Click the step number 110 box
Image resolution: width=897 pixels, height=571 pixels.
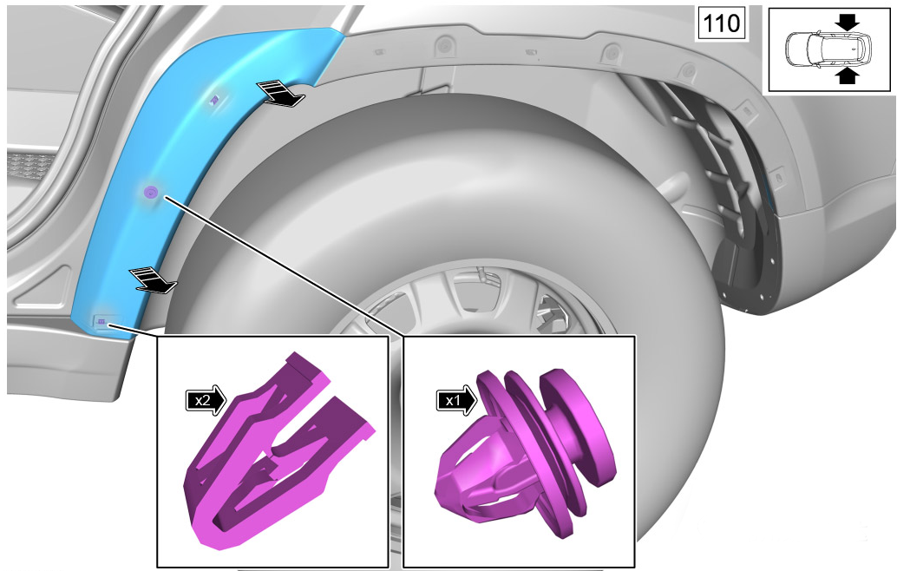tap(721, 23)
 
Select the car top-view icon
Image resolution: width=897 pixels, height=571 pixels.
tap(829, 49)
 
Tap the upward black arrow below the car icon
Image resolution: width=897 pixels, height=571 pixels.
tap(848, 75)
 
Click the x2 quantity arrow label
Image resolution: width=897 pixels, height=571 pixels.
tap(206, 400)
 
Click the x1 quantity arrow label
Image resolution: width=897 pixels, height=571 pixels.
tap(456, 400)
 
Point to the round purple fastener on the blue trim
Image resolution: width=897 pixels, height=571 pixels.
tap(150, 193)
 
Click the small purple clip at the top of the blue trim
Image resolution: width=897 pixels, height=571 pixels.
tap(214, 100)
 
